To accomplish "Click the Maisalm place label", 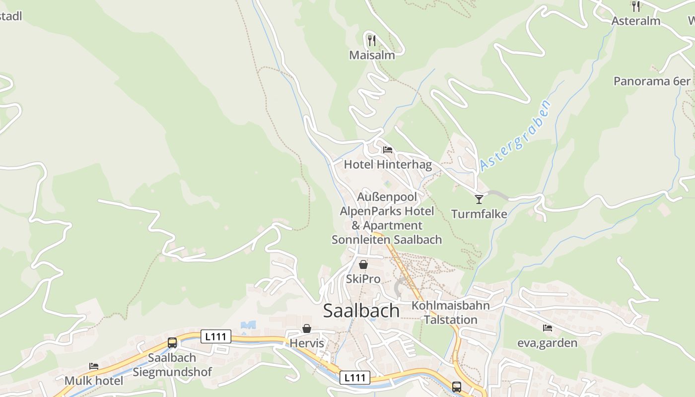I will pyautogui.click(x=372, y=55).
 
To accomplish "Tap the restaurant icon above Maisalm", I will pyautogui.click(x=372, y=40).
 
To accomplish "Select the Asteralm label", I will pyautogui.click(x=635, y=21).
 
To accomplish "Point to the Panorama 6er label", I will pyautogui.click(x=652, y=81).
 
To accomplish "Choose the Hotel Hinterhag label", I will pyautogui.click(x=388, y=164).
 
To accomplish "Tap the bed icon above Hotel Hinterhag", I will pyautogui.click(x=388, y=149).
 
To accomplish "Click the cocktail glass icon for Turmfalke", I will pyautogui.click(x=479, y=199).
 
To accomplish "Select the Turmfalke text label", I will pyautogui.click(x=479, y=214).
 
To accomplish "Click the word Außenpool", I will pyautogui.click(x=387, y=197).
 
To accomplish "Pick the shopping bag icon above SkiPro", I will pyautogui.click(x=363, y=265).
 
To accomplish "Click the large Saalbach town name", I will pyautogui.click(x=361, y=310).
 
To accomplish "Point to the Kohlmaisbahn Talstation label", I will pyautogui.click(x=450, y=312).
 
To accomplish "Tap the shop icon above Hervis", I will pyautogui.click(x=307, y=329).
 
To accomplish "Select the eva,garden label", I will pyautogui.click(x=547, y=343).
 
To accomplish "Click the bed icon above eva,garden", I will pyautogui.click(x=547, y=328).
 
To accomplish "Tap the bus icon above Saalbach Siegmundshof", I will pyautogui.click(x=172, y=342).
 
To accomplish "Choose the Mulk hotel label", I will pyautogui.click(x=94, y=381).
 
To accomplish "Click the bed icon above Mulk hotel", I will pyautogui.click(x=94, y=366).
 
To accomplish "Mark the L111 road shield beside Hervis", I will pyautogui.click(x=216, y=336).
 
